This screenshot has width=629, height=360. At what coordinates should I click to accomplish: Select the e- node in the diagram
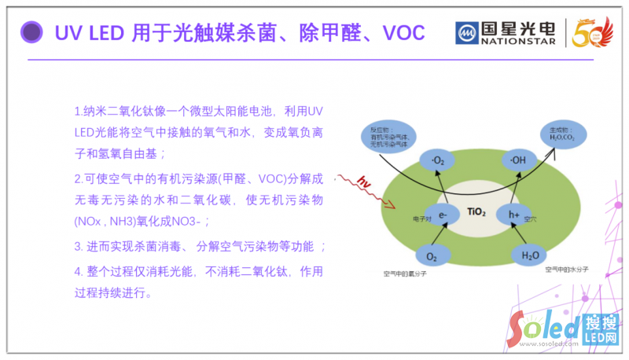point(443,214)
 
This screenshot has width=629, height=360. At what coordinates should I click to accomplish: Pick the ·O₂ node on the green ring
point(438,162)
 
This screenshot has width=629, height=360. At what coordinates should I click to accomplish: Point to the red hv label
point(362,183)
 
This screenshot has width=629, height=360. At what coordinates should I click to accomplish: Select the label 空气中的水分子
point(567,269)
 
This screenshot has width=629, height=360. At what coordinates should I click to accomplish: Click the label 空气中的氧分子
point(405,274)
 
